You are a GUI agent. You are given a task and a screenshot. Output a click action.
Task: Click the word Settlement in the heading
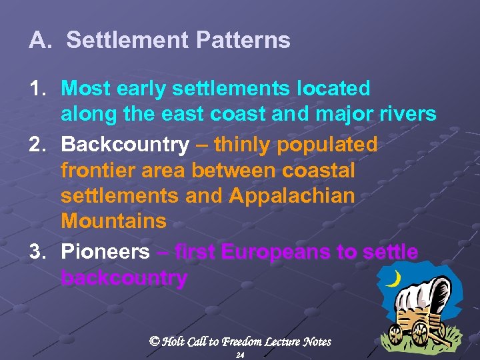coord(127,41)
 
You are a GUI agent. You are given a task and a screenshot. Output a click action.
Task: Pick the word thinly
coord(240,145)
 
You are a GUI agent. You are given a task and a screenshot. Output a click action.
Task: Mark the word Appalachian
coord(292,197)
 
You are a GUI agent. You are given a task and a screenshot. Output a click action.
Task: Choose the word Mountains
coord(113,221)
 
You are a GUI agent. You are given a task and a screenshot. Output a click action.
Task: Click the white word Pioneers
coord(105,253)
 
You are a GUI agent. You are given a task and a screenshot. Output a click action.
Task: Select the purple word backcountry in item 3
coord(124,278)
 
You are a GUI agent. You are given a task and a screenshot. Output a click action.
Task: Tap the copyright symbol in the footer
coord(155,341)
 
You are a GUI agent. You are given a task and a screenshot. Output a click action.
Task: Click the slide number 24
coord(240,356)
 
